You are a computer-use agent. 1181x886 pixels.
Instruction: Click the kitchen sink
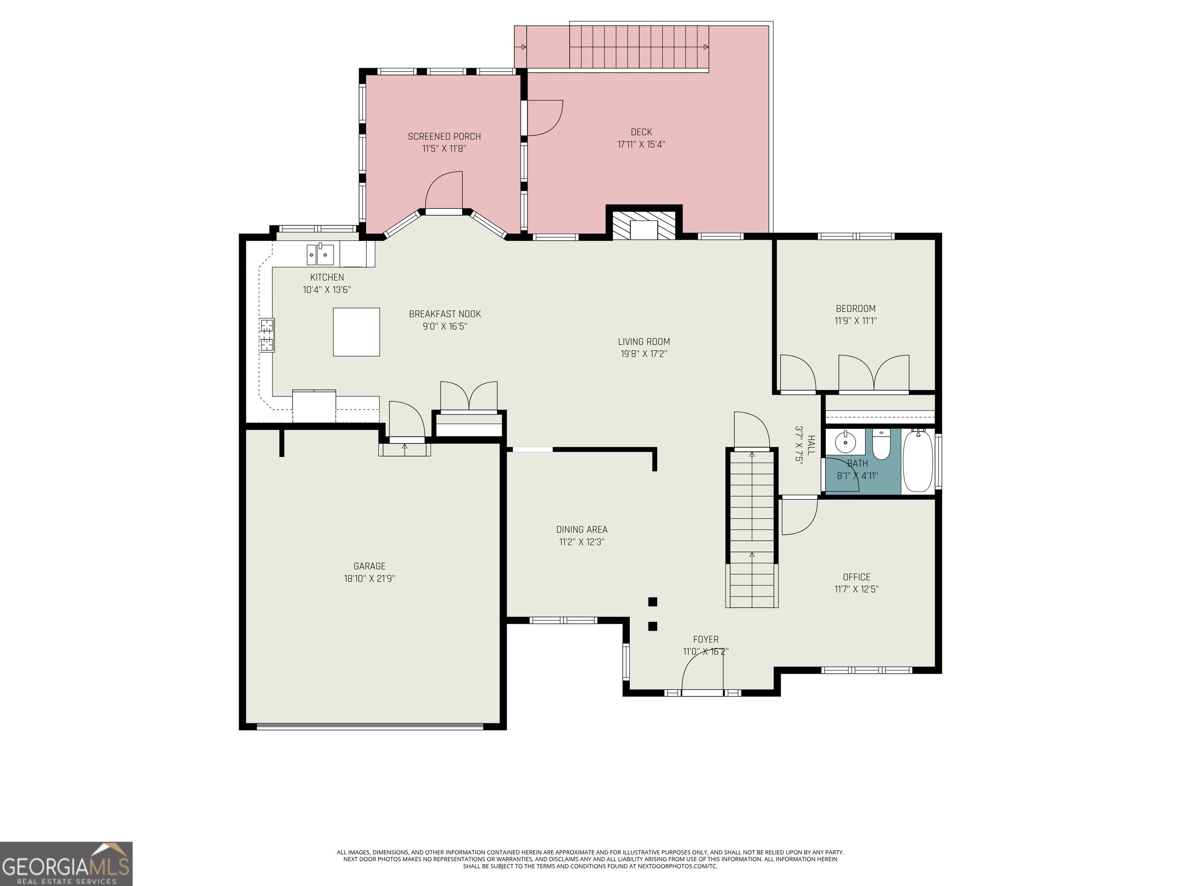pos(320,254)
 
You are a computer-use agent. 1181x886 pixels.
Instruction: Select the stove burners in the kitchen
pos(267,335)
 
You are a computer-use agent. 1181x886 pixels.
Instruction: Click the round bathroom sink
pos(845,442)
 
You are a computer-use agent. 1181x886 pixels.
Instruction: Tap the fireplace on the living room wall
pos(644,224)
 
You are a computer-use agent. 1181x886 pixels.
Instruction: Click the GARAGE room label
pos(369,566)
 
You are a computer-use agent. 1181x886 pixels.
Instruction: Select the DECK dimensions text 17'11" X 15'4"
pos(641,144)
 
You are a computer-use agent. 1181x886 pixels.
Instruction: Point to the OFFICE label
pos(857,577)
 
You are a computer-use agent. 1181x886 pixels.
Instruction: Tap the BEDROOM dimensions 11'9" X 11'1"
pos(856,320)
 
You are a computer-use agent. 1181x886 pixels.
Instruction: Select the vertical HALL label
pos(812,445)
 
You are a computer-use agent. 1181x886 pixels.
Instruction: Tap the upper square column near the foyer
pos(652,602)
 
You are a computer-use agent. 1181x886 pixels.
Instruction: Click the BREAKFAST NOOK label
pos(445,314)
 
